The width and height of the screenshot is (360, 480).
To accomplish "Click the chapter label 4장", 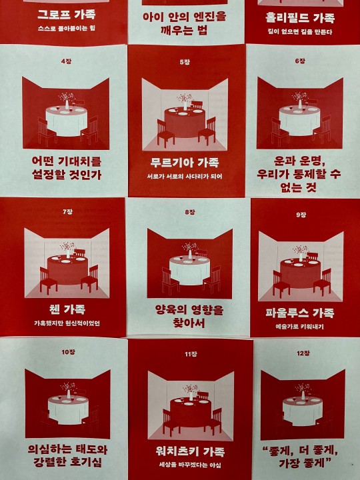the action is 66,61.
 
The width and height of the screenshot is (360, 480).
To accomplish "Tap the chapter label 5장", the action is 185,62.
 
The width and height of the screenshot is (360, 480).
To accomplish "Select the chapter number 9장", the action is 301,215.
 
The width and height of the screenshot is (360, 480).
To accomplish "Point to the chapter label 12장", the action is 303,353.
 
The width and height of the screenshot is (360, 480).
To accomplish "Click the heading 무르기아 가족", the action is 185,162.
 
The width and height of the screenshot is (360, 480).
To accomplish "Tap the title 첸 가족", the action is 67,309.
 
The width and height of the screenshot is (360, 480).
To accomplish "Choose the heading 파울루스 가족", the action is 300,313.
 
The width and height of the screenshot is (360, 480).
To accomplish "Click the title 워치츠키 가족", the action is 190,451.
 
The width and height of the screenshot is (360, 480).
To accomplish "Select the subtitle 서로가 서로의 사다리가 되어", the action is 185,176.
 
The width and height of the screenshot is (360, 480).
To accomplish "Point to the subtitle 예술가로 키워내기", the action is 299,327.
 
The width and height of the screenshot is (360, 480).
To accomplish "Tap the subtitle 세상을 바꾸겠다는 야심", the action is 190,465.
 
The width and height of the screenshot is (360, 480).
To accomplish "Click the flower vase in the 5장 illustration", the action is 185,102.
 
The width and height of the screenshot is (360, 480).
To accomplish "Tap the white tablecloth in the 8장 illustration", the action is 190,271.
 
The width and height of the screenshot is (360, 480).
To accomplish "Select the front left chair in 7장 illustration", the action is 48,281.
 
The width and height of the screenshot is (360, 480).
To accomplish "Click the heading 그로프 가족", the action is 67,15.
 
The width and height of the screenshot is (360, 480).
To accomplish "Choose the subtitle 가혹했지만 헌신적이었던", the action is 67,323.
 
